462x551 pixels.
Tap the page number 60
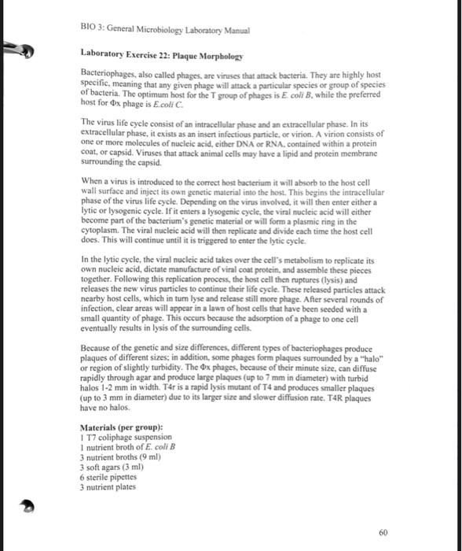point(383,532)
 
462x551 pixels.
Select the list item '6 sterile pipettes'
point(112,477)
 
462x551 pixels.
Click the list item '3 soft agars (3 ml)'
point(114,467)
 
